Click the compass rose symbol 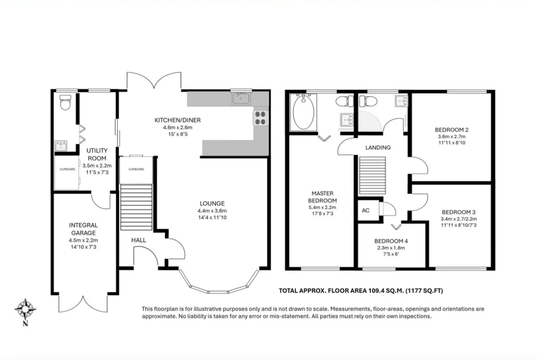pos(26,309)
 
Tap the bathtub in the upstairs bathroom pos(303,112)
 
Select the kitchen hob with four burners pos(260,118)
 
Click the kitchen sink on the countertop pos(241,99)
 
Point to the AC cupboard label pos(366,210)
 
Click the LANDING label pos(378,147)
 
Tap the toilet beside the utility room pos(65,102)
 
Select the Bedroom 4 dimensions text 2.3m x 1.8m pos(391,248)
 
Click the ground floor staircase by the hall pos(136,208)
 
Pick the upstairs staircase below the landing pos(372,176)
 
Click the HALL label pos(139,240)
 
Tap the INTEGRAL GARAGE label pos(83,229)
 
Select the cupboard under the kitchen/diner pos(136,170)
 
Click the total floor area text pos(361,291)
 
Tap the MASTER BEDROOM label pos(322,197)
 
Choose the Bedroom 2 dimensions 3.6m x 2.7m pos(452,136)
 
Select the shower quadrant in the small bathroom pos(370,121)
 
